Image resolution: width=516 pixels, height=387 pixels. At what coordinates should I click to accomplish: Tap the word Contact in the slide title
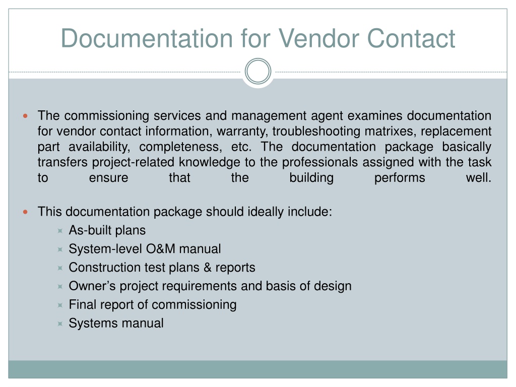411,38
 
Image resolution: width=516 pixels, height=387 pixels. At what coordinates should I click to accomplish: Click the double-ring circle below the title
258,71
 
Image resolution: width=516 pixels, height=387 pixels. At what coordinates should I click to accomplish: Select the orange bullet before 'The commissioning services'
25,116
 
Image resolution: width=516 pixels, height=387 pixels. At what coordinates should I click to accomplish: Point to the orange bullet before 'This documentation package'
25,212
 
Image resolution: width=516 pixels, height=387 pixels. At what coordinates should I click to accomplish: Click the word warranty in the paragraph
241,132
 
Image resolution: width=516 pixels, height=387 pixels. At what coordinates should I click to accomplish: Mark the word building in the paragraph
311,178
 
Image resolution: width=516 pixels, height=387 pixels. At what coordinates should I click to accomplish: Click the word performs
400,178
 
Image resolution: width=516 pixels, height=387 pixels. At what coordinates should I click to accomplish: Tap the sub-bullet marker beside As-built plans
60,231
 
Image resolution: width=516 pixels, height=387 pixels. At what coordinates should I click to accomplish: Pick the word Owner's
92,286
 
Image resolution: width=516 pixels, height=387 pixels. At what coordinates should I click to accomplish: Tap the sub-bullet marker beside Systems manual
60,324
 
